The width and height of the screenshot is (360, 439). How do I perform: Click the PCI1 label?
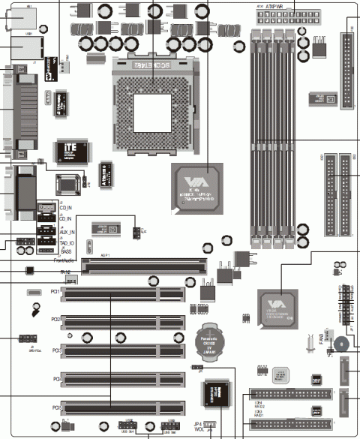(55, 290)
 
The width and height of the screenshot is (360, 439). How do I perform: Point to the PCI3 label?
(55, 350)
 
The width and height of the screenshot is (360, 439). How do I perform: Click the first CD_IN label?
(66, 206)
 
